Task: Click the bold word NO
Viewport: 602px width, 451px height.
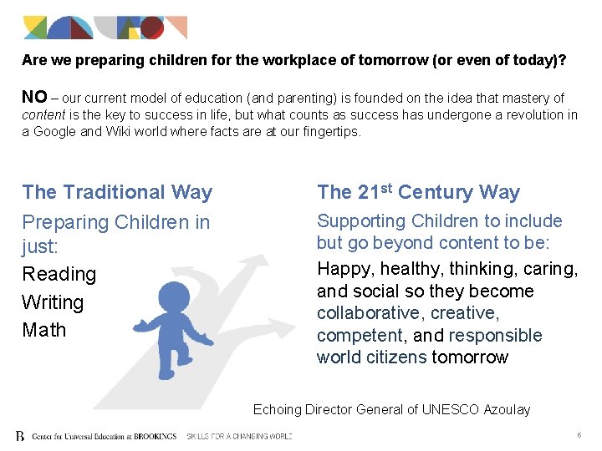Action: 33,97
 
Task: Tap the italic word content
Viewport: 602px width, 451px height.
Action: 43,115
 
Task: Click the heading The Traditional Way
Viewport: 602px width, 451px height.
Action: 117,192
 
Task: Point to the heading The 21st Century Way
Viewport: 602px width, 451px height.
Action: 418,192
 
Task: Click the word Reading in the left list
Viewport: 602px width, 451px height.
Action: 59,274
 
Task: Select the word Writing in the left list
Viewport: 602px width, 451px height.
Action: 54,302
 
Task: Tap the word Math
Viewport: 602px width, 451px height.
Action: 44,330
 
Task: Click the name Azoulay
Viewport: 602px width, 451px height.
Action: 505,409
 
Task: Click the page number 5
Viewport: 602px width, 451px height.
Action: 579,435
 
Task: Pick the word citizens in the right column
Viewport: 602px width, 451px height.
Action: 397,357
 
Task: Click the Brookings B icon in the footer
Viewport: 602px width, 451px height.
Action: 20,436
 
